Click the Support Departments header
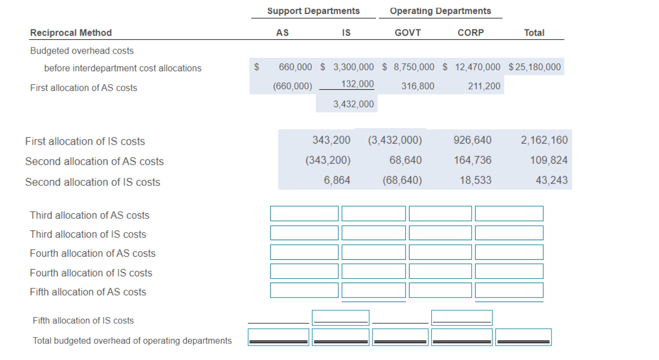[x=313, y=11]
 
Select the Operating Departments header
[x=440, y=11]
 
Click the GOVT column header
[x=407, y=33]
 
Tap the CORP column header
[x=470, y=33]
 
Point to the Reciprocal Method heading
[x=71, y=33]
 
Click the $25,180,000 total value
[x=535, y=67]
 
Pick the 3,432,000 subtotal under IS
[x=353, y=104]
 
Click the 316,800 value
[x=418, y=86]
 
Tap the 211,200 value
[x=484, y=86]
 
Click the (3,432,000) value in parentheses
[x=395, y=140]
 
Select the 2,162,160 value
[x=544, y=140]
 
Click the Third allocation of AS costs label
[x=89, y=215]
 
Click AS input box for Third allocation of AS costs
[x=304, y=214]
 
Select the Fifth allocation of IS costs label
[x=83, y=321]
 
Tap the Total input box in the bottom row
[x=523, y=337]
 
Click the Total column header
[x=534, y=33]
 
